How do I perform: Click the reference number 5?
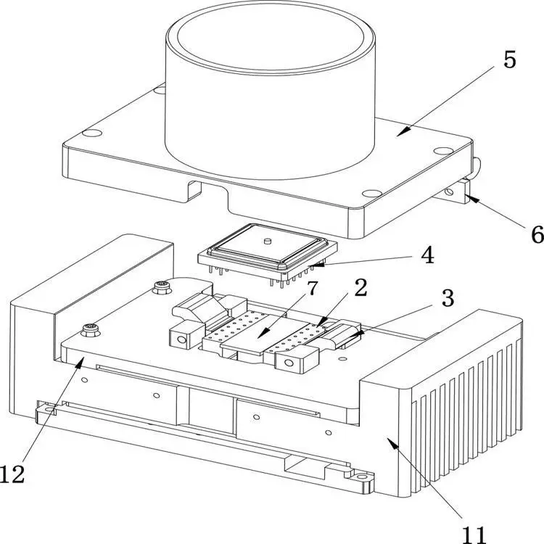pyautogui.click(x=509, y=59)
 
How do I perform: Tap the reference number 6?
pyautogui.click(x=537, y=234)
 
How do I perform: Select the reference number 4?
pyautogui.click(x=427, y=255)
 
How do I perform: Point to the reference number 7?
pyautogui.click(x=312, y=288)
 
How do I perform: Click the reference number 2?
pyautogui.click(x=360, y=288)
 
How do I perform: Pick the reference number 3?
pyautogui.click(x=448, y=298)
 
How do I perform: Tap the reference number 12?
pyautogui.click(x=12, y=474)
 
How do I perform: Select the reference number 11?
pyautogui.click(x=474, y=535)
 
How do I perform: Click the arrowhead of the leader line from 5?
pyautogui.click(x=403, y=132)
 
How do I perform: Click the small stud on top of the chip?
pyautogui.click(x=267, y=240)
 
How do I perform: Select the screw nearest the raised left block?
pyautogui.click(x=162, y=287)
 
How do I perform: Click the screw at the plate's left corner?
pyautogui.click(x=91, y=329)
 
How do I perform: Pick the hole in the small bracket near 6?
pyautogui.click(x=450, y=192)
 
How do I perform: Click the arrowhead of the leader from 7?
pyautogui.click(x=263, y=333)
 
